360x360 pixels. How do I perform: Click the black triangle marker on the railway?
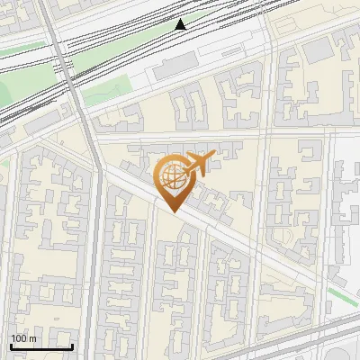pos(181,25)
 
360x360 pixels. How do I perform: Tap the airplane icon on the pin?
pos(196,165)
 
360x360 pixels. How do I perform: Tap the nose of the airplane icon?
pos(213,157)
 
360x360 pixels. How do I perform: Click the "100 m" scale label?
pos(23,338)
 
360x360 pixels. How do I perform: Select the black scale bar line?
pos(41,346)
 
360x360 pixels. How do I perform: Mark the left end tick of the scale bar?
pos(11,345)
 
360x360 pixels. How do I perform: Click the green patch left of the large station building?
pos(108,90)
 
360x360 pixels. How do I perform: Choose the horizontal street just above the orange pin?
pos(180,138)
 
